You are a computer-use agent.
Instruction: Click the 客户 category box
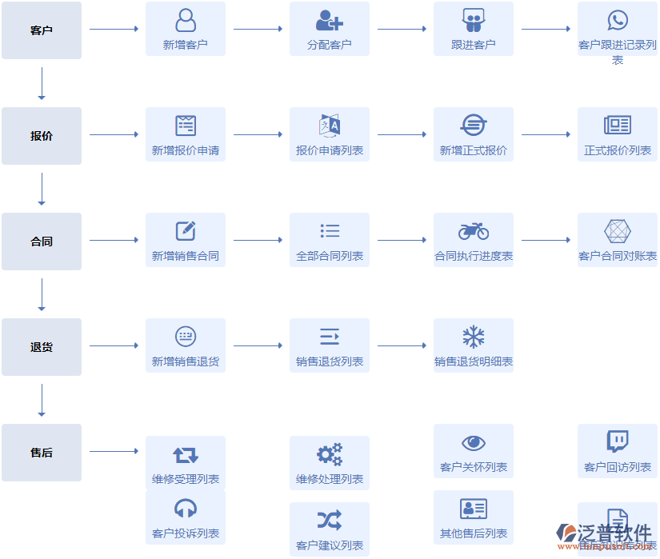42,30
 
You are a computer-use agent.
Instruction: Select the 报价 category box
42,136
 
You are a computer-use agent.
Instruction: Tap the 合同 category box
42,242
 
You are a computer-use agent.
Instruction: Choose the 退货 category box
42,347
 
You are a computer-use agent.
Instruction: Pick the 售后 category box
42,453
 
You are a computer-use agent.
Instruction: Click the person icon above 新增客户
186,20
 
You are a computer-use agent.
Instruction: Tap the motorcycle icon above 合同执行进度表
474,231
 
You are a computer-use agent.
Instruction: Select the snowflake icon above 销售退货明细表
474,337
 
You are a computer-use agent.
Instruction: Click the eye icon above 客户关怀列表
474,443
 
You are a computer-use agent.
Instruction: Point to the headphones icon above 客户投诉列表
186,509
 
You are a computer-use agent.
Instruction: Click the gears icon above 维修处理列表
330,454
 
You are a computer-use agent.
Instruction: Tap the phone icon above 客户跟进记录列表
618,20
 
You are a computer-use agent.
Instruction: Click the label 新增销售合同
186,256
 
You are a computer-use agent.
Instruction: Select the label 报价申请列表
330,150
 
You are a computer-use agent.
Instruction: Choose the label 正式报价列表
618,150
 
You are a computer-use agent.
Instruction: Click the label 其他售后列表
474,533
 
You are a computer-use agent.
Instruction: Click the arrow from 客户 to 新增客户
114,29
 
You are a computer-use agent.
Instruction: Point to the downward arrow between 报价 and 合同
42,189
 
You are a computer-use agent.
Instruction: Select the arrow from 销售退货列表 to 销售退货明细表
402,346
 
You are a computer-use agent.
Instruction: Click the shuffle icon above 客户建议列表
330,521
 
